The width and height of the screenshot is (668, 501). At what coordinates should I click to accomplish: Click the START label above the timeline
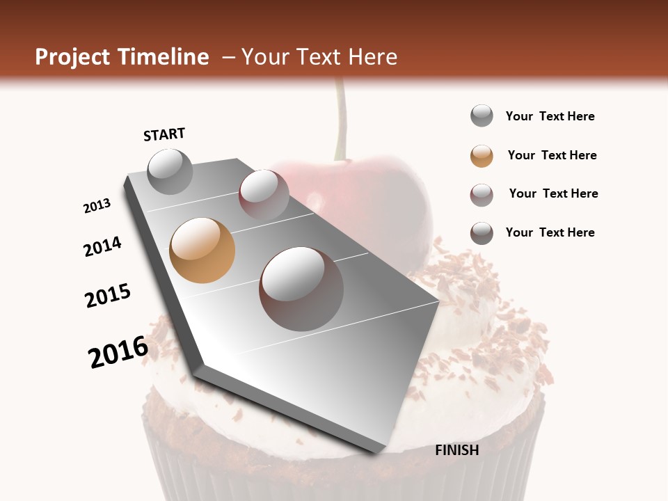click(164, 134)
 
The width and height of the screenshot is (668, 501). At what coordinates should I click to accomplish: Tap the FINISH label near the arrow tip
click(456, 450)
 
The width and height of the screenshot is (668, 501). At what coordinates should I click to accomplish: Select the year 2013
click(97, 206)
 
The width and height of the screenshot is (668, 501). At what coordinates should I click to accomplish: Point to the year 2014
click(102, 246)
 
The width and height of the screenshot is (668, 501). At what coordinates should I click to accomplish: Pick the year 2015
click(108, 296)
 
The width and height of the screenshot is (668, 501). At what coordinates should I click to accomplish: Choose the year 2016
click(118, 352)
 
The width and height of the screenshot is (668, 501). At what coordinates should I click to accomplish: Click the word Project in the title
click(72, 57)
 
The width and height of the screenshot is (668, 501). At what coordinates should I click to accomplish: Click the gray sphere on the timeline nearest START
click(170, 172)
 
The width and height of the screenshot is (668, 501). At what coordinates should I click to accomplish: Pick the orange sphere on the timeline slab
click(202, 250)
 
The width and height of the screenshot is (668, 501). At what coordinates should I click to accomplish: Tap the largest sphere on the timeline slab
click(301, 288)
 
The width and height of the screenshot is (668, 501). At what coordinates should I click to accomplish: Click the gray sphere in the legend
click(482, 116)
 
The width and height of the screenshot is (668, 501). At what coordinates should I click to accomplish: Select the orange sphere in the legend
click(482, 156)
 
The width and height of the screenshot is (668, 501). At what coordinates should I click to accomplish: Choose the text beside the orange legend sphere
click(552, 155)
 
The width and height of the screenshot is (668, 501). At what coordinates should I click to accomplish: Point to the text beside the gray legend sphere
click(550, 116)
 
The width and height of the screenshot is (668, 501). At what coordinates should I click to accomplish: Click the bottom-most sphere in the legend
click(482, 233)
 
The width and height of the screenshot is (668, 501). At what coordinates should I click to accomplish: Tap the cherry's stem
click(340, 118)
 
